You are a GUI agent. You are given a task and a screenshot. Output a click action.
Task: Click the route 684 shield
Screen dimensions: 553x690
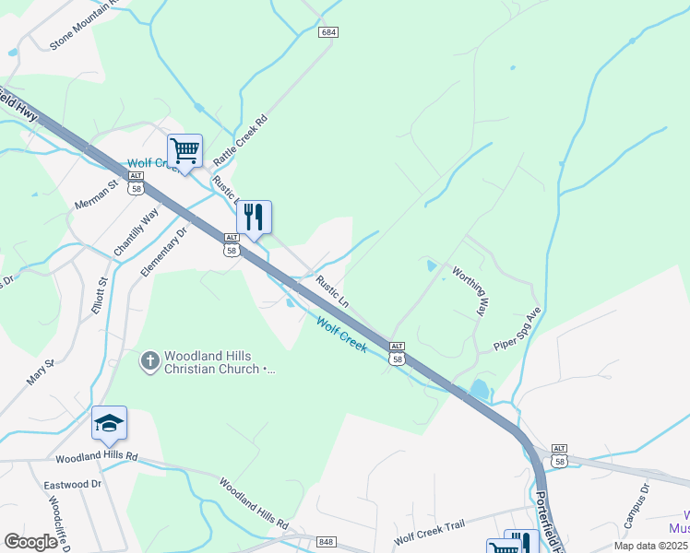[x=328, y=32]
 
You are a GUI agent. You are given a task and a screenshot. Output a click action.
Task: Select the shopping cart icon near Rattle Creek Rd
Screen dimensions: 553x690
[x=184, y=150]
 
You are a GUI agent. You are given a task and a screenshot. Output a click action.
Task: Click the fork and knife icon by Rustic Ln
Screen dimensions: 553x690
[x=254, y=218]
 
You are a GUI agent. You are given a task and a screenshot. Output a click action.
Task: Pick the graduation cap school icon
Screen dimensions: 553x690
[x=109, y=423]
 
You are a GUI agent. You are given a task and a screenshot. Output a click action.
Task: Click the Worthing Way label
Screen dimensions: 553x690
[x=469, y=291]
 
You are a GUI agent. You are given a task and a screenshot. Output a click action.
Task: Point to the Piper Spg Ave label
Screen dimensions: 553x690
[x=517, y=330]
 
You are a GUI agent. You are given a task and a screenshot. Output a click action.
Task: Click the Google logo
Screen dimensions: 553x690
[x=31, y=541]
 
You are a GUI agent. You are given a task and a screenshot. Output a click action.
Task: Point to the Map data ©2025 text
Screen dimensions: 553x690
[x=649, y=546]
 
